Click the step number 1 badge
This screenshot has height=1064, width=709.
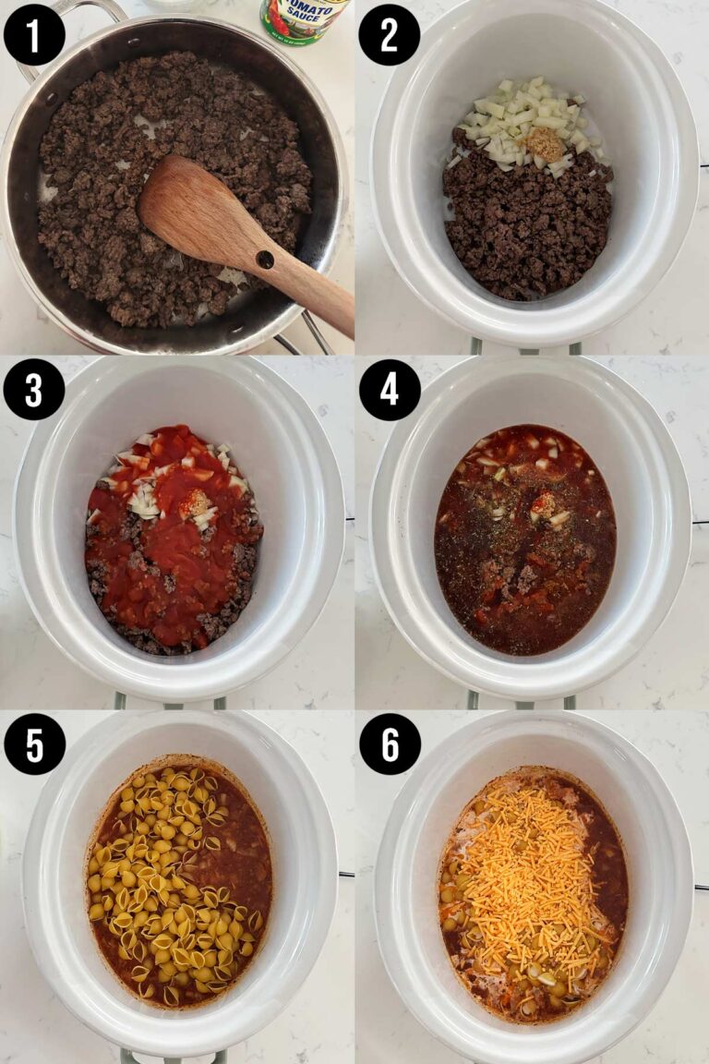(x=34, y=34)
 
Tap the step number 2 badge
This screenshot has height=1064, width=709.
(x=389, y=34)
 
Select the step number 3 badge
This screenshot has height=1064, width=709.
(x=34, y=389)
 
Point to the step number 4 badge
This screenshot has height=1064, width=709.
(x=389, y=389)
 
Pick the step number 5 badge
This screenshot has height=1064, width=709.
(x=34, y=744)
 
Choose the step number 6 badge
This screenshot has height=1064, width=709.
(x=389, y=744)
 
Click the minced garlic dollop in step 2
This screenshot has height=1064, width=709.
(x=546, y=144)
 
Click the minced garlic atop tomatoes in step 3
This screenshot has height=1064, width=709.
(x=194, y=503)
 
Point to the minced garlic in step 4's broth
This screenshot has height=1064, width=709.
(x=543, y=504)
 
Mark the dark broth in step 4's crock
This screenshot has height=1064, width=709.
(x=489, y=600)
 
